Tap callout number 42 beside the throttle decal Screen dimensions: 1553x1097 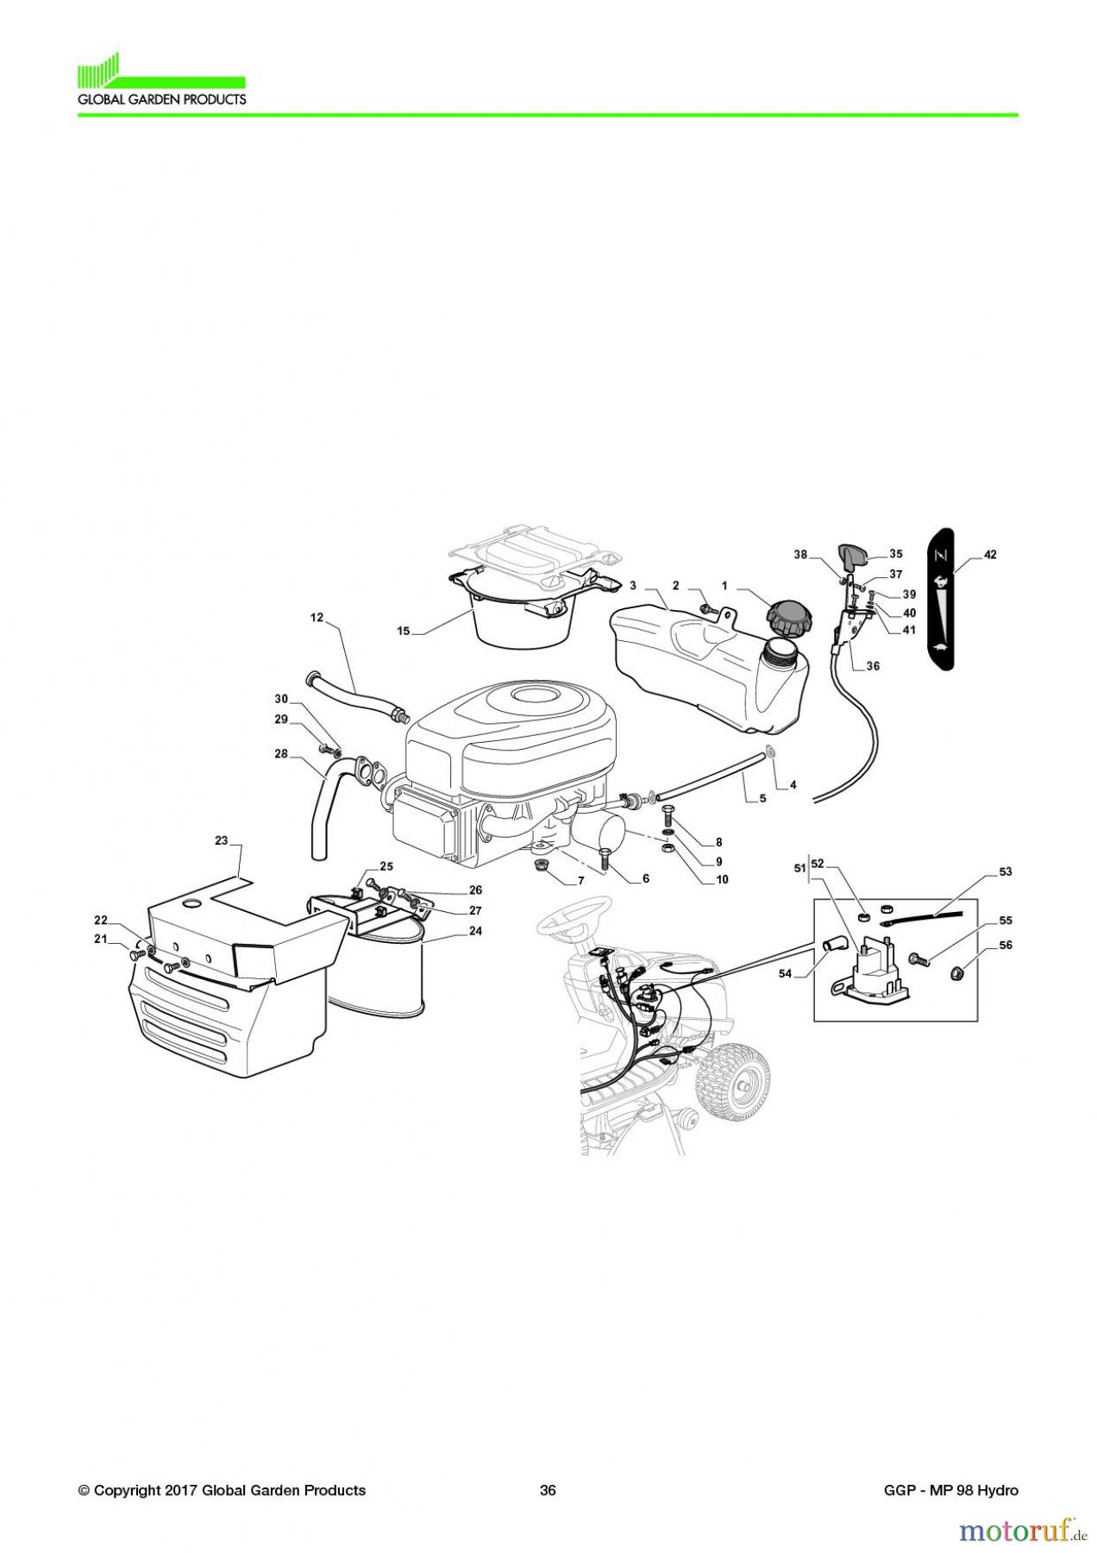click(990, 555)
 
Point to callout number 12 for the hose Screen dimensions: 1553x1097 click(317, 617)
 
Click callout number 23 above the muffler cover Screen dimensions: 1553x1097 click(222, 839)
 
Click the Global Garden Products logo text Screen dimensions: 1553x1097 click(161, 99)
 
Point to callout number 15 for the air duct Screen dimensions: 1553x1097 click(403, 631)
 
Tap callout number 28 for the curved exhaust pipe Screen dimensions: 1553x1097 click(281, 754)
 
